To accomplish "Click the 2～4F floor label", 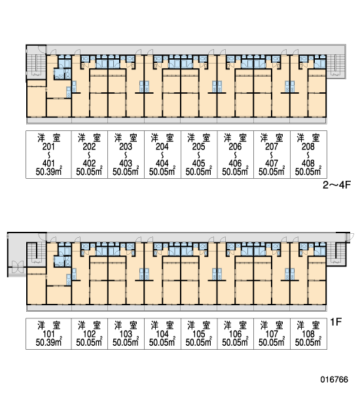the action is (336, 185).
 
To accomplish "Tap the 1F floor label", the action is (336, 322).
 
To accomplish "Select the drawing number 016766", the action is (334, 379).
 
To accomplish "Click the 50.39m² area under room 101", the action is (49, 342).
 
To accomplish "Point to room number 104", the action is (162, 333).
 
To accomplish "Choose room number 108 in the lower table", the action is (308, 333).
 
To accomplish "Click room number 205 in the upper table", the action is (199, 146).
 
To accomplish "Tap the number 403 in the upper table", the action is (126, 163).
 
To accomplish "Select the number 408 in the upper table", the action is (308, 163).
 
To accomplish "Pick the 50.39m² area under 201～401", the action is (49, 172).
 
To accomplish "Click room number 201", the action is (48, 146).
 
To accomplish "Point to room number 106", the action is (235, 333).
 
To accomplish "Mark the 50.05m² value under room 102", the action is (89, 342).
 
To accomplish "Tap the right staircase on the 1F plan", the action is (336, 253).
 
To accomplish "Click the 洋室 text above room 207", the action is (272, 138).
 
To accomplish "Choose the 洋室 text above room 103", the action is (126, 326).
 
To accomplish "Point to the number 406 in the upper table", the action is (235, 163).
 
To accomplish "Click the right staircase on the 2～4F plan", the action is (336, 65).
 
